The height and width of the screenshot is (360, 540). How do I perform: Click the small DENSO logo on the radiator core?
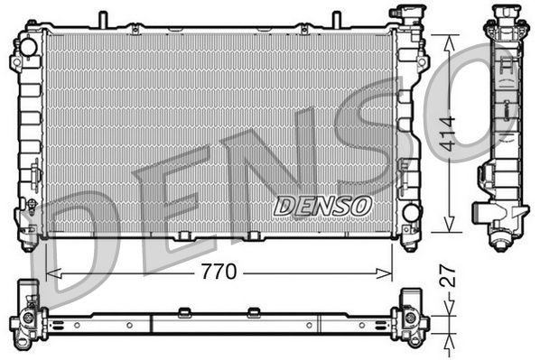tap(322, 206)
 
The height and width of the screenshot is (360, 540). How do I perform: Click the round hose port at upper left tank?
tap(26, 45)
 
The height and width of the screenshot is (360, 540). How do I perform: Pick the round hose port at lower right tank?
tap(411, 214)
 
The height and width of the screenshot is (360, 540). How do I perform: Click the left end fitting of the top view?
tap(27, 315)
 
